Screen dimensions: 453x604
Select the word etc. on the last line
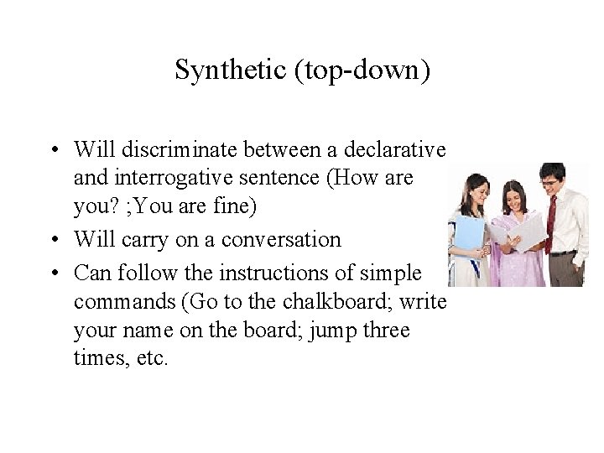click(x=152, y=359)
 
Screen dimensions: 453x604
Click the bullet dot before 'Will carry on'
click(x=53, y=240)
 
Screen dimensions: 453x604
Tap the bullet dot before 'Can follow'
click(x=53, y=273)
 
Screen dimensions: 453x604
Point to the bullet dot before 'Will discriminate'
click(x=53, y=150)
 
